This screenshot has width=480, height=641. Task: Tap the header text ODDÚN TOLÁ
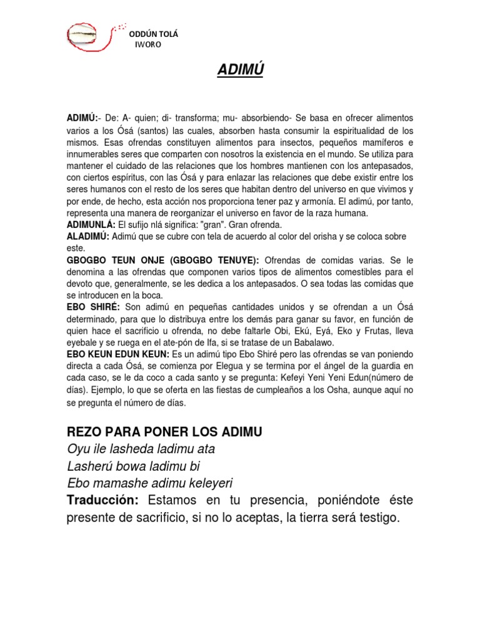pos(153,34)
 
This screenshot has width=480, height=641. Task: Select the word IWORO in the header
pos(149,46)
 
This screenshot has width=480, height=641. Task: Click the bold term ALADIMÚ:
pos(88,236)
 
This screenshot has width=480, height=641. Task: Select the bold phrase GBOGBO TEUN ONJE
pos(120,260)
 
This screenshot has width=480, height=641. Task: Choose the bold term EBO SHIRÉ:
pos(94,306)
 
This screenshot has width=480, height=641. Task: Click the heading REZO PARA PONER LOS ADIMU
pos(164,431)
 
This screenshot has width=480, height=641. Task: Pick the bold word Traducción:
pos(104,500)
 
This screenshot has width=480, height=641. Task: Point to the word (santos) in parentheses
pos(146,130)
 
